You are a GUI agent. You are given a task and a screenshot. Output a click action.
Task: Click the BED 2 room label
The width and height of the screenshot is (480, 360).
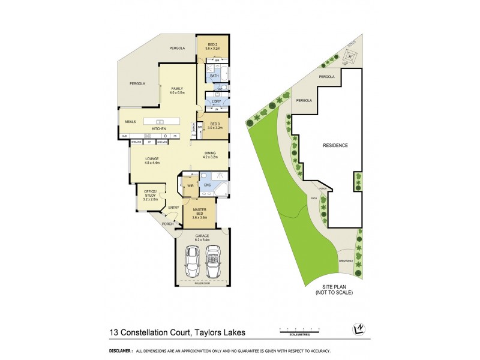[x=213, y=45]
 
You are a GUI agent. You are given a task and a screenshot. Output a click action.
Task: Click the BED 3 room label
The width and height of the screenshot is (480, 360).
[x=215, y=124]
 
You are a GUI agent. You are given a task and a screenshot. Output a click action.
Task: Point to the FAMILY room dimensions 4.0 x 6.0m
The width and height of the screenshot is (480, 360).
[x=177, y=93]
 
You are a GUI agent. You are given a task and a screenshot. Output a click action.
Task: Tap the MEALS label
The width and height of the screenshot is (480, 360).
[x=130, y=121]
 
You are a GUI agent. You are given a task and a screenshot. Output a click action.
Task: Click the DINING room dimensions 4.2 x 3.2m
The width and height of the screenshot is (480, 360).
[x=209, y=157]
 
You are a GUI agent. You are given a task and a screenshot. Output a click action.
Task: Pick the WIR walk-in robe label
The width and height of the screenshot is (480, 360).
[x=190, y=185]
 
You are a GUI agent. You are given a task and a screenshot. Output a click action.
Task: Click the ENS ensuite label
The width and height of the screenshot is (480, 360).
[x=207, y=185]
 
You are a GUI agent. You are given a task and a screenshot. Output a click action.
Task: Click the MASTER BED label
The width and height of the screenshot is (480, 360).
[x=199, y=209]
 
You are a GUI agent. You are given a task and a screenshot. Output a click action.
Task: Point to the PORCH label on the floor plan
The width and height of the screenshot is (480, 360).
[x=167, y=224]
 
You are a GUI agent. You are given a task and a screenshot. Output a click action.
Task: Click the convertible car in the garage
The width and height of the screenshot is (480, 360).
[x=214, y=259]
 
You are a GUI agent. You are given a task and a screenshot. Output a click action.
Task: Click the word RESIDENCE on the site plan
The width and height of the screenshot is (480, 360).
[x=335, y=145]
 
